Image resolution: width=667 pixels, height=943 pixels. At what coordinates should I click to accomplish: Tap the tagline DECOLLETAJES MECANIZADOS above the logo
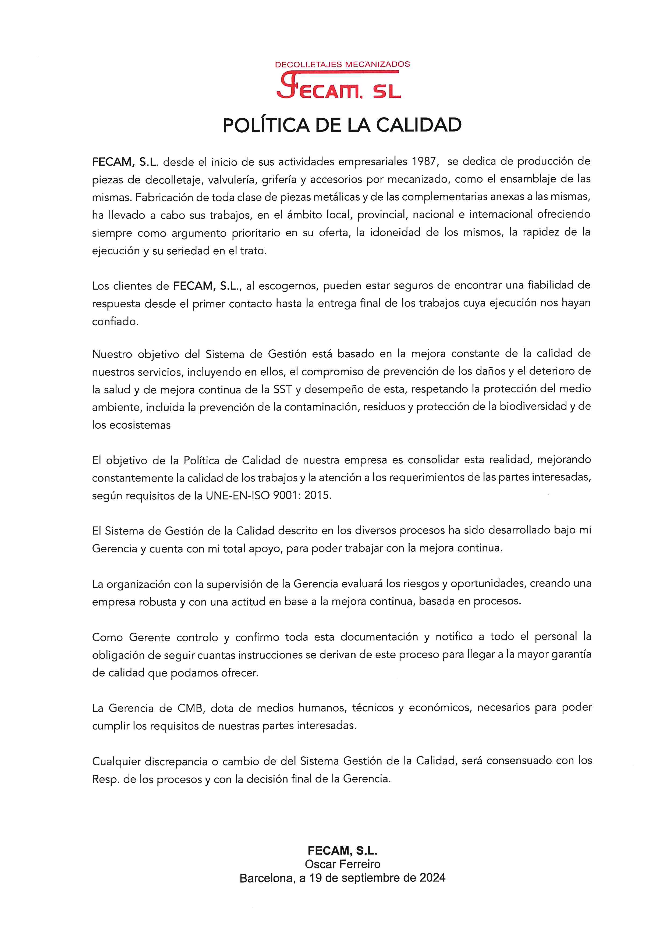tap(342, 65)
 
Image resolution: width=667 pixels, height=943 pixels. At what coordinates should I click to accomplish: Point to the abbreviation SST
tap(283, 389)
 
